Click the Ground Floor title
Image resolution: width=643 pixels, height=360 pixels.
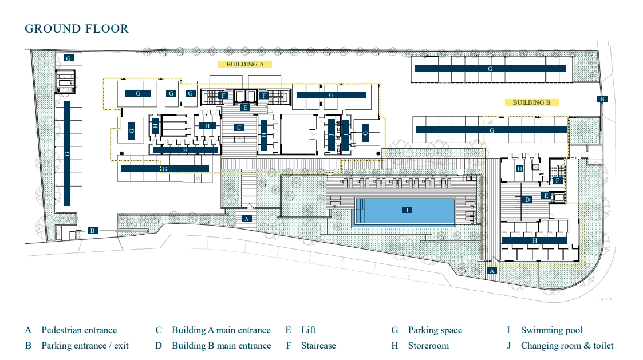(77, 29)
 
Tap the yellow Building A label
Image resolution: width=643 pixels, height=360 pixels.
(245, 64)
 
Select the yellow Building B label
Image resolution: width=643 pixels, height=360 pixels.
(531, 102)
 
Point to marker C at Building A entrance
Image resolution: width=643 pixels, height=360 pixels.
(239, 128)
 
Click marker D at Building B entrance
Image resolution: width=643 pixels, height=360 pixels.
(527, 200)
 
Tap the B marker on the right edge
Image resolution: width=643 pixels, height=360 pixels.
(602, 99)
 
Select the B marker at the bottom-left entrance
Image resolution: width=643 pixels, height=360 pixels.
(93, 231)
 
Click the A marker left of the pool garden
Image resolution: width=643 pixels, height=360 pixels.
(247, 219)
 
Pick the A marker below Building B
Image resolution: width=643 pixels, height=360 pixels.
(492, 271)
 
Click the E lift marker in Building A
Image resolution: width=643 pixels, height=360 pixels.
(245, 108)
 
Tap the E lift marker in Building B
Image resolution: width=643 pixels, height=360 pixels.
(546, 196)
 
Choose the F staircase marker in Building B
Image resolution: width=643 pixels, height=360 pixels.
(557, 180)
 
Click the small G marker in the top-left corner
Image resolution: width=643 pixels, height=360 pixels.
(69, 58)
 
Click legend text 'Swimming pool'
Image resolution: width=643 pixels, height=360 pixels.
(552, 330)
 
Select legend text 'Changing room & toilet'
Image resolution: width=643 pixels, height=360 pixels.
(567, 346)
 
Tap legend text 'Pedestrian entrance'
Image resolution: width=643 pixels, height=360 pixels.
(79, 330)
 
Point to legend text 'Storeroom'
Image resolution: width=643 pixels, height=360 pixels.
(428, 346)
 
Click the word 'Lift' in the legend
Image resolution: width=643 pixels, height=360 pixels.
(309, 330)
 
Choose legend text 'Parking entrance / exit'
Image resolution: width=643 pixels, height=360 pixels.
(85, 346)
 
